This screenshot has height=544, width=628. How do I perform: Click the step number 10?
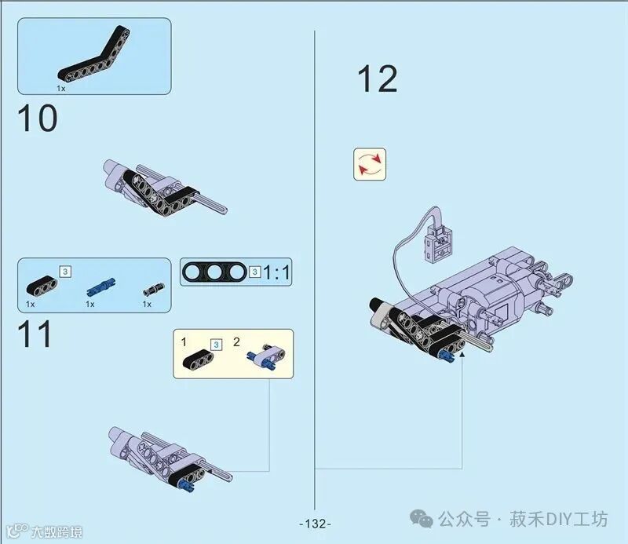(x=37, y=119)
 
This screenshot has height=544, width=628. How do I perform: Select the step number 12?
(x=377, y=79)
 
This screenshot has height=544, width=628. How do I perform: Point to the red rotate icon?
(x=370, y=164)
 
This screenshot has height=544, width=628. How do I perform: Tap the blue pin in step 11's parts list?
(x=100, y=285)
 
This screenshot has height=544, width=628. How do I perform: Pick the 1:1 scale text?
(x=276, y=272)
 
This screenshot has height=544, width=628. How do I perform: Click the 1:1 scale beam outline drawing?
(x=214, y=272)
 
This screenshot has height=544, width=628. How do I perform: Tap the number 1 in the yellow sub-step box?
(x=184, y=342)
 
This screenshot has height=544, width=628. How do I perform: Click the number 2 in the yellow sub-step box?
(x=236, y=342)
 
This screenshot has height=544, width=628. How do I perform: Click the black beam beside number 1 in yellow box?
(x=200, y=359)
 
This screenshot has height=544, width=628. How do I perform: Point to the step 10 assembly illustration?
(x=161, y=187)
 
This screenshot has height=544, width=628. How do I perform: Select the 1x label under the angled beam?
(x=60, y=89)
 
